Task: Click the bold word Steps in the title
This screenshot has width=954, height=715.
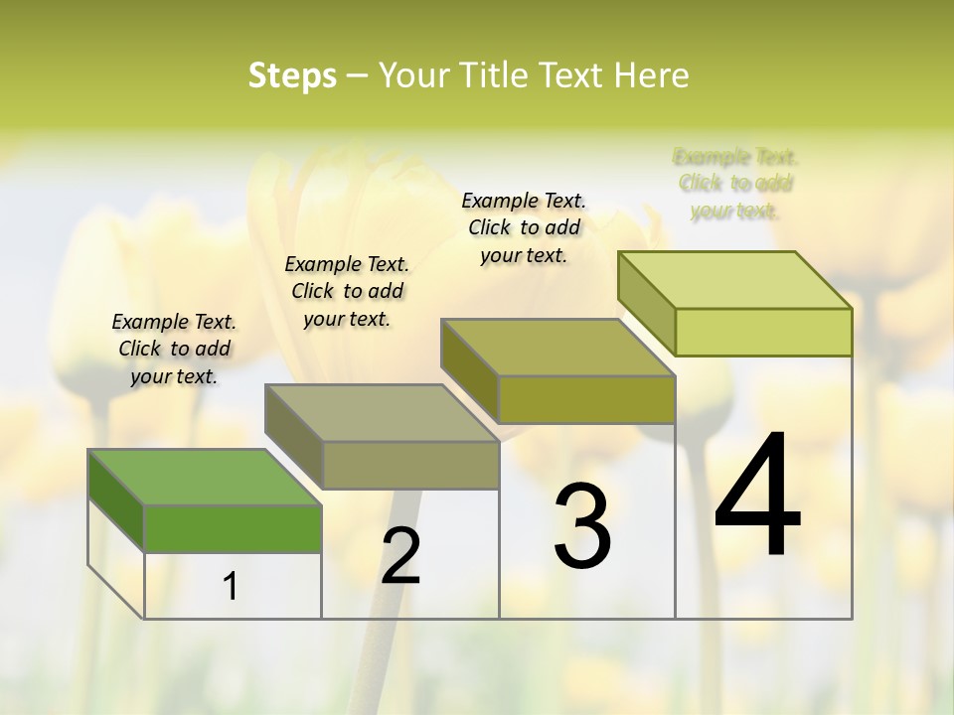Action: pos(291,75)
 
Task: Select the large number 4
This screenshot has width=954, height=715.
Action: pos(757,497)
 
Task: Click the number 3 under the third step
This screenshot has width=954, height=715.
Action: pos(582,527)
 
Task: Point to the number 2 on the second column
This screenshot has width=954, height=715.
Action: pos(400,556)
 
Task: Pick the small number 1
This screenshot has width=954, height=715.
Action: pos(230,587)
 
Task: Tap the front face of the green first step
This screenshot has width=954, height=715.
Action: pos(233,528)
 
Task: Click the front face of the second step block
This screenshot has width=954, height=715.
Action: pos(409,465)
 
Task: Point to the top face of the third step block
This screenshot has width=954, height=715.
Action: pos(557,348)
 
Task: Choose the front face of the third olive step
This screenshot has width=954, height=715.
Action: pos(586,399)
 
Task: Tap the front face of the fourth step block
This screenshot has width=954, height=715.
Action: pos(763,332)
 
